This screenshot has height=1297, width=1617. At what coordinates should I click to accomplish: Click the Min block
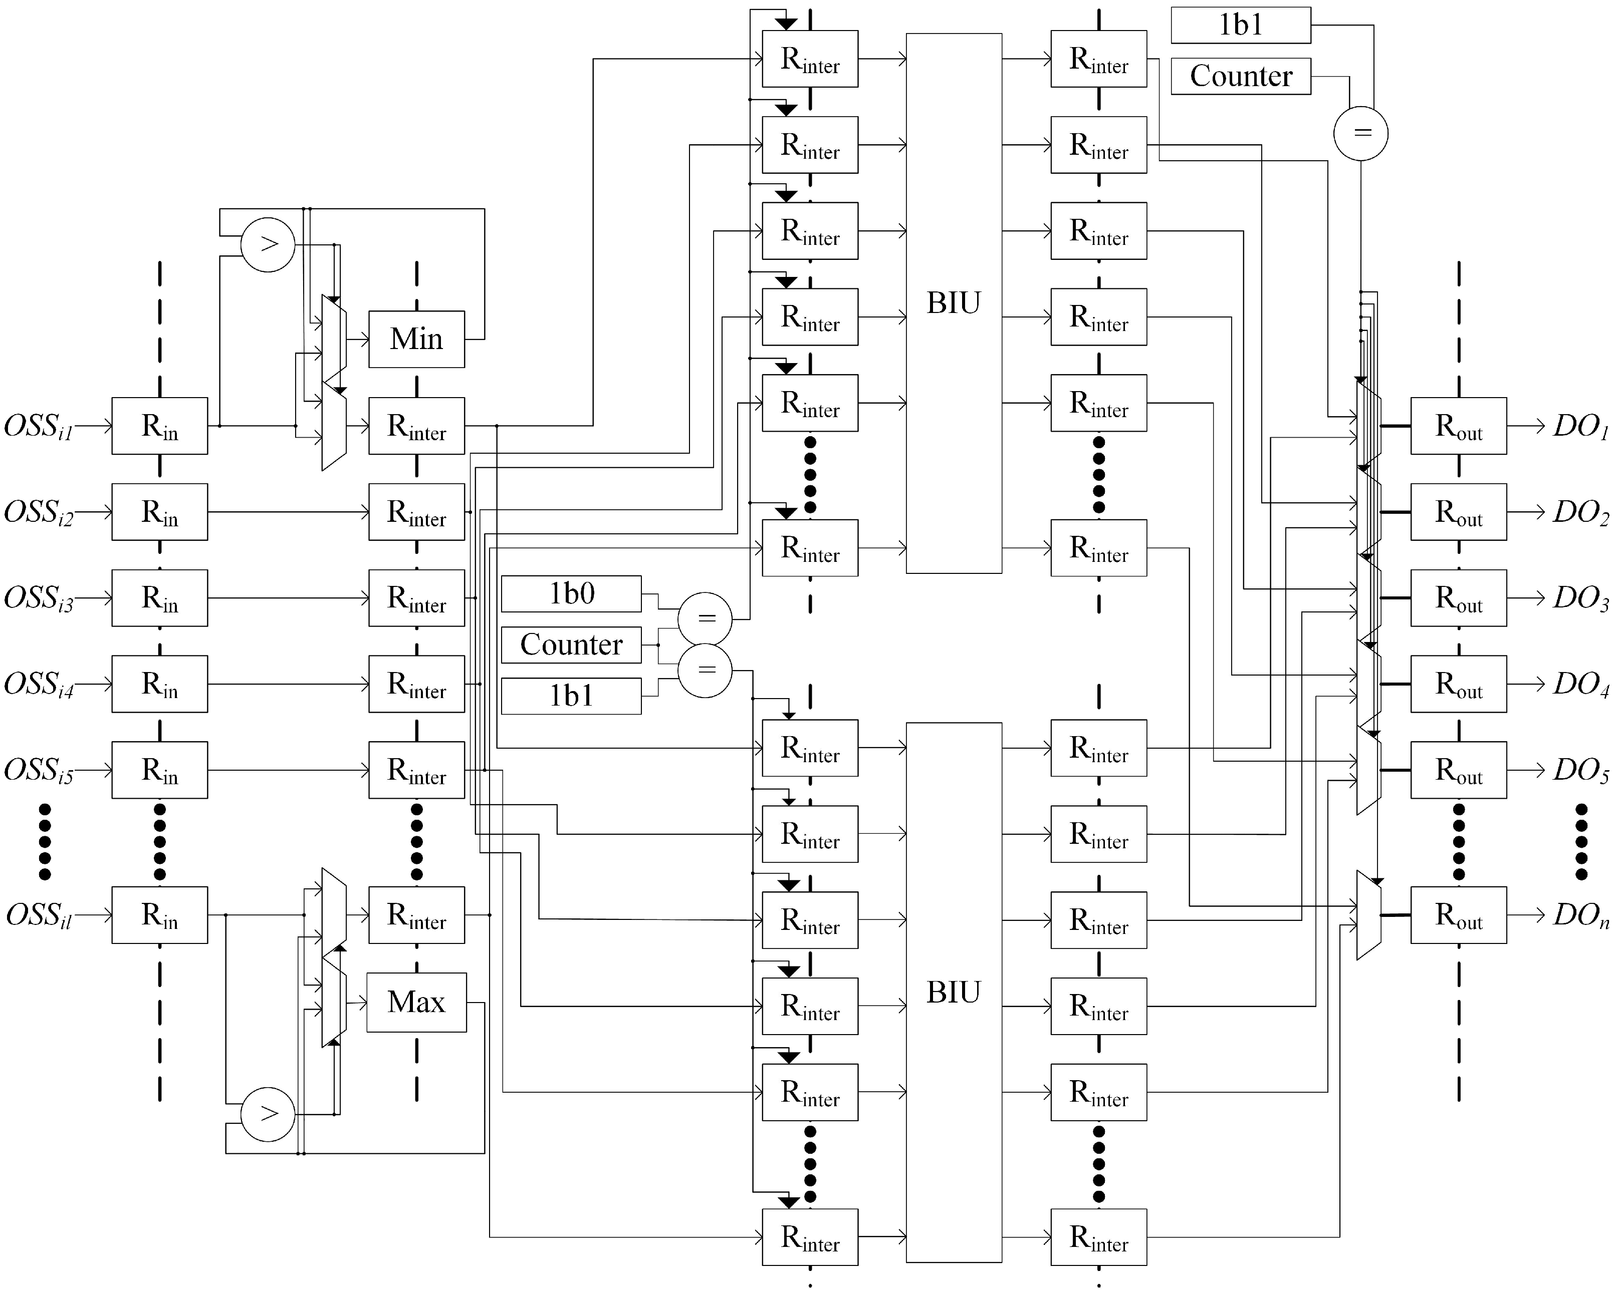pyautogui.click(x=416, y=339)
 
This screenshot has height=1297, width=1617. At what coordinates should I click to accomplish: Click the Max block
pyautogui.click(x=416, y=1003)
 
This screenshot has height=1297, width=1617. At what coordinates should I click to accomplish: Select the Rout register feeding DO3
pyautogui.click(x=1458, y=597)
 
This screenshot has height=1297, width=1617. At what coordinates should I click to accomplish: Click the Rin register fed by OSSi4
pyautogui.click(x=160, y=684)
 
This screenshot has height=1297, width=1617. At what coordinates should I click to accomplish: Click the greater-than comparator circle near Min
pyautogui.click(x=268, y=244)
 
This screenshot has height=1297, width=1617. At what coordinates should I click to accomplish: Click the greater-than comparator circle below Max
pyautogui.click(x=268, y=1114)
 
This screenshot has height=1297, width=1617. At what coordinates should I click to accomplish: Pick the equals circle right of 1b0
pyautogui.click(x=705, y=618)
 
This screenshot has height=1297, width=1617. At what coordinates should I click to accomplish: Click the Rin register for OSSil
pyautogui.click(x=160, y=914)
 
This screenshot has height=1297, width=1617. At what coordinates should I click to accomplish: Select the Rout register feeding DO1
pyautogui.click(x=1458, y=426)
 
